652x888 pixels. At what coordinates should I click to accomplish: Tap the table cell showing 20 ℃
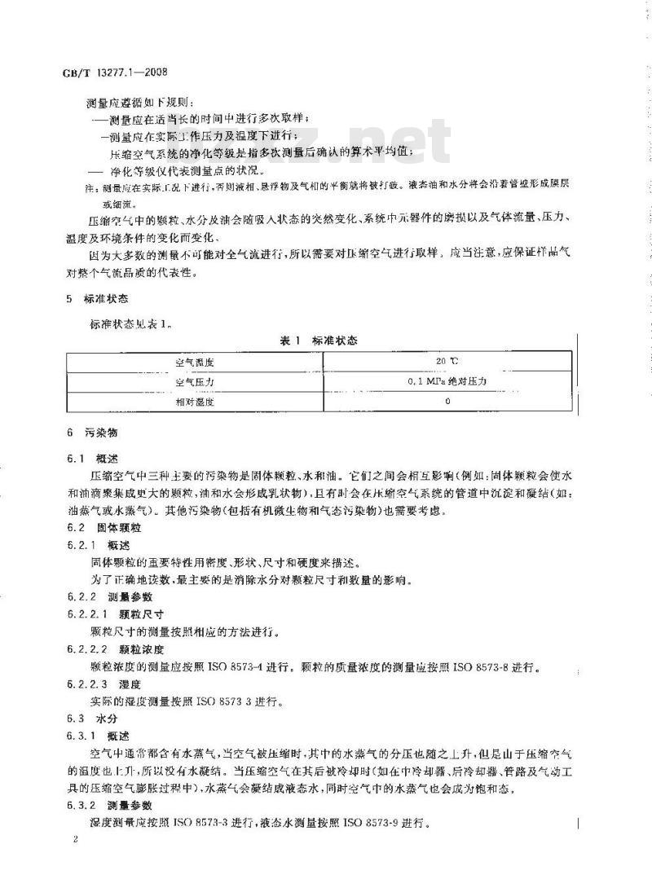tap(449, 360)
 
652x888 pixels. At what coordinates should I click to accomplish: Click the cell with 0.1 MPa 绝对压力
tap(448, 380)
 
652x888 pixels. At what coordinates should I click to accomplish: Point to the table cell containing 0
tap(448, 401)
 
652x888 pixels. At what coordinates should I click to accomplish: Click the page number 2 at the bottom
tap(74, 839)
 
